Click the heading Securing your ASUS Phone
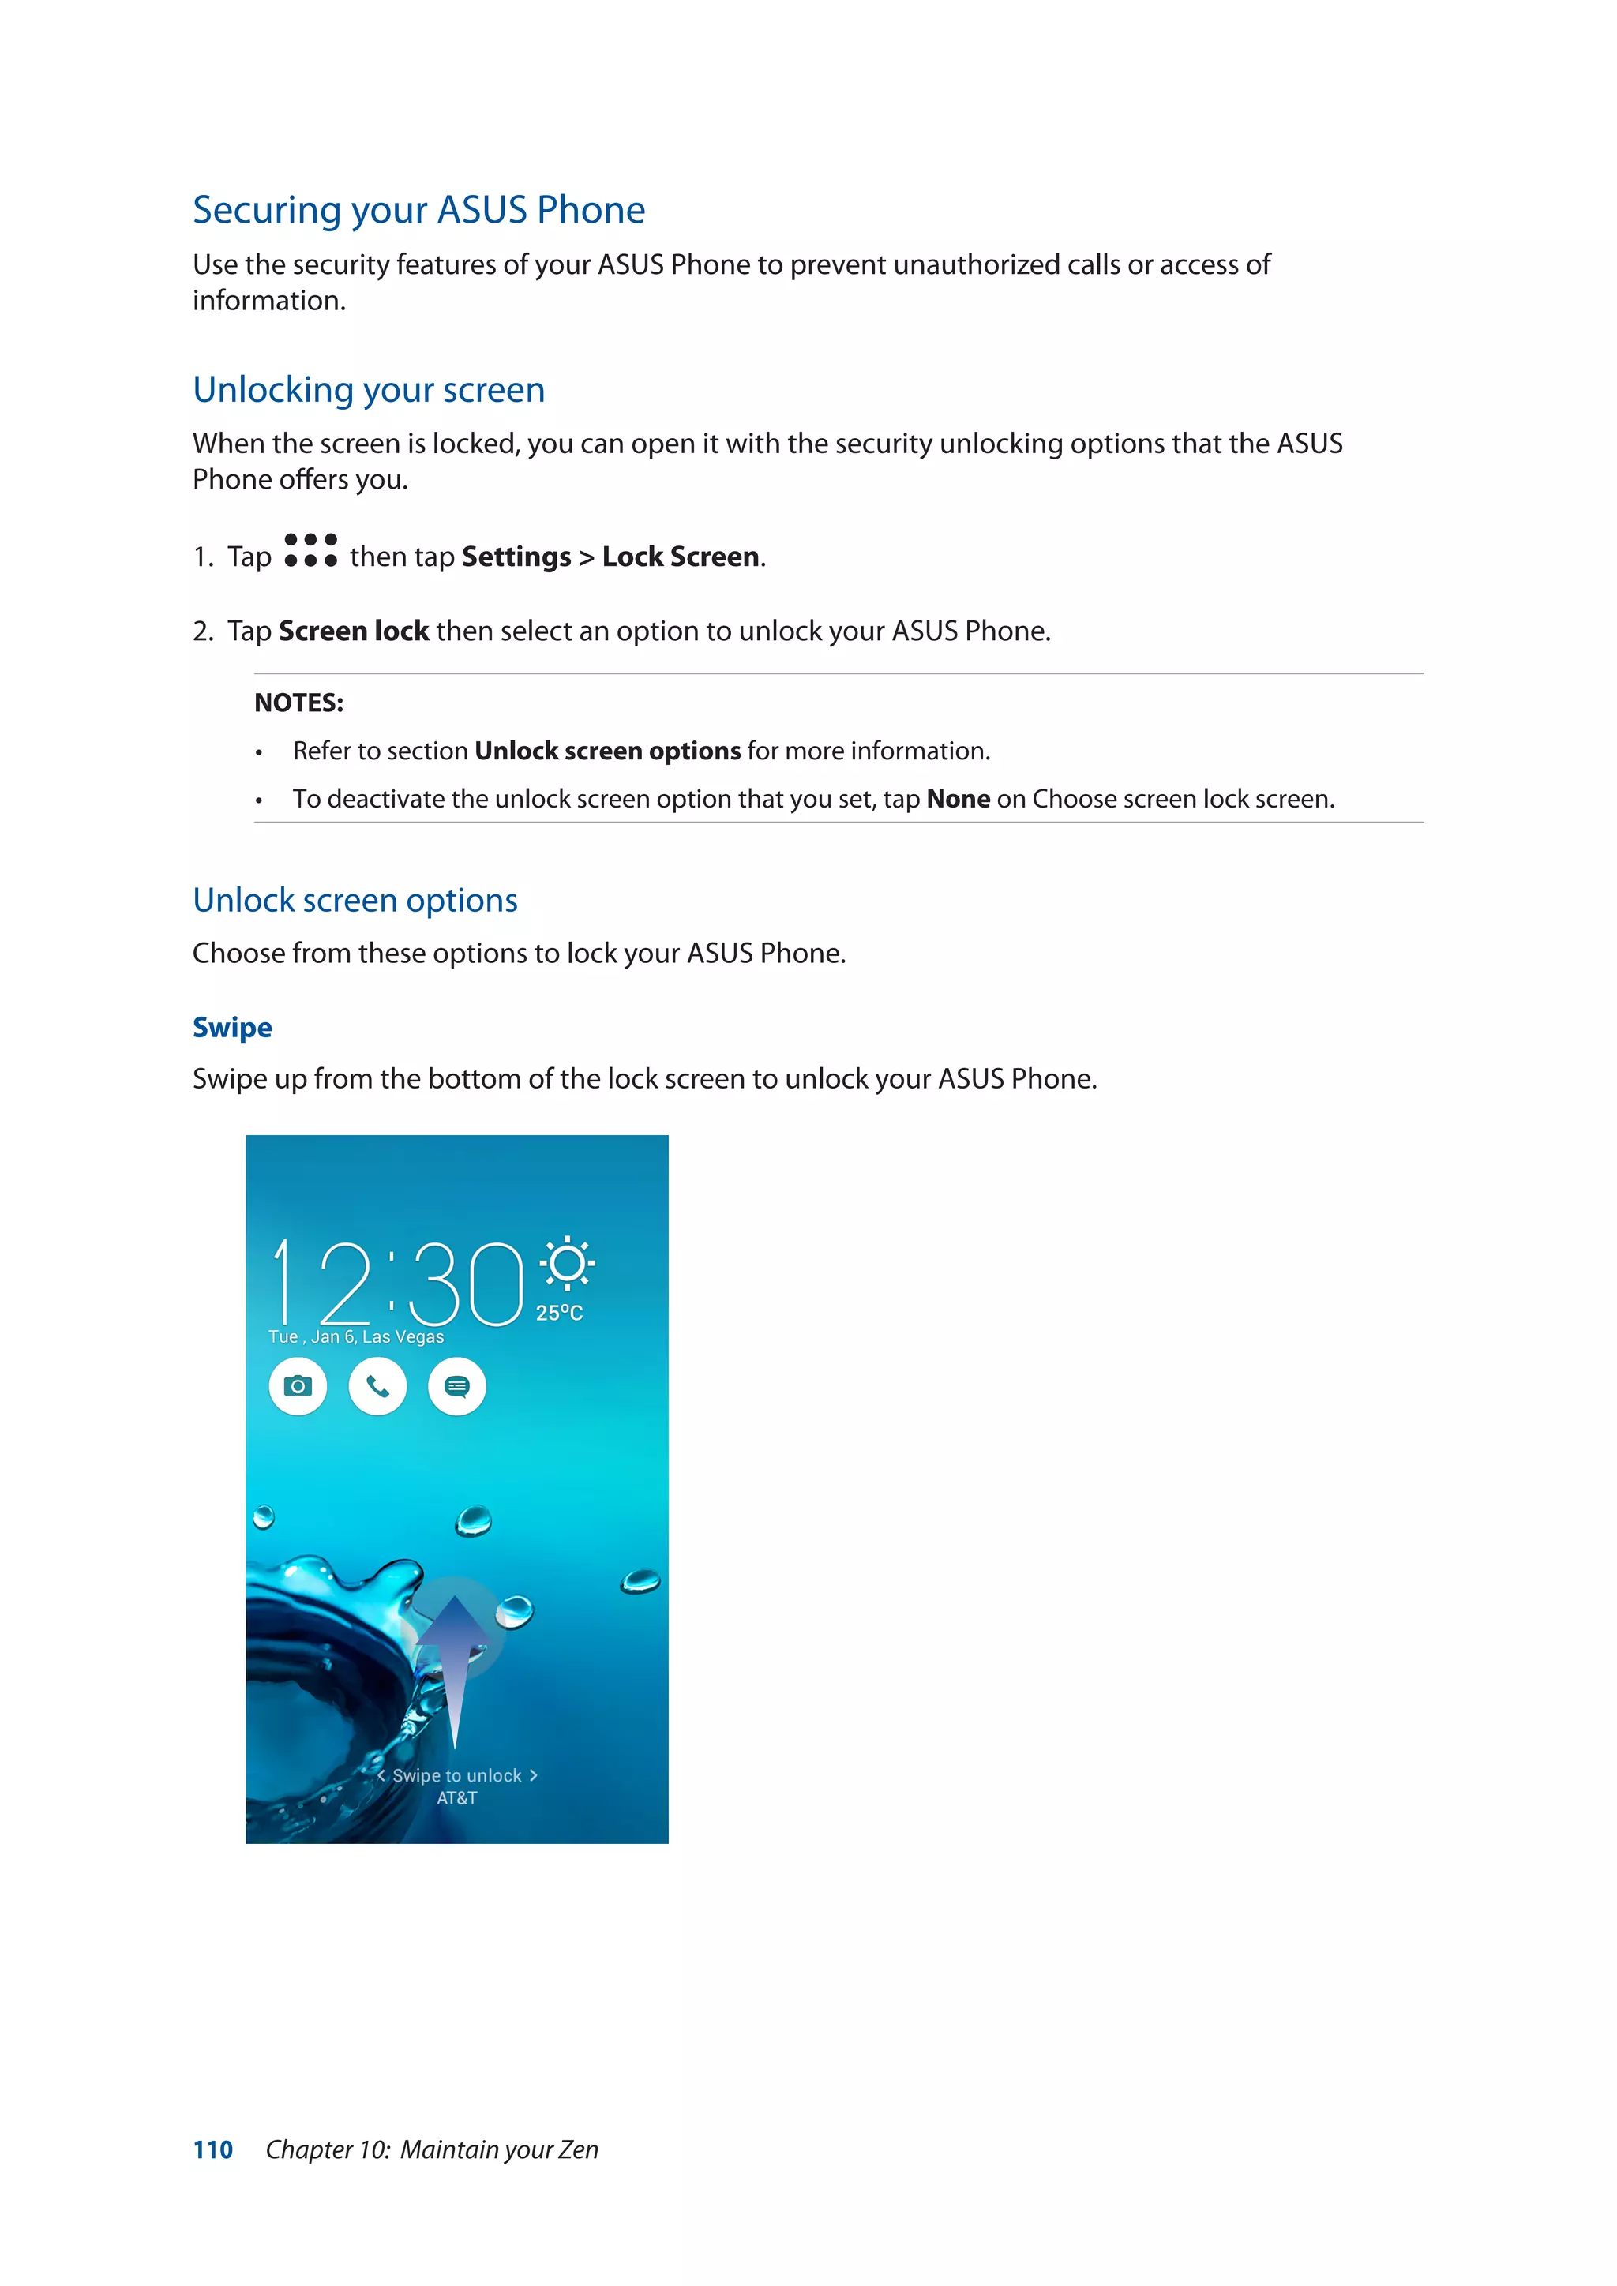[418, 210]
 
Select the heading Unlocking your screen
[369, 389]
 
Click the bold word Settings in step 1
[516, 557]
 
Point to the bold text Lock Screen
[680, 557]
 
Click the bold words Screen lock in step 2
[354, 631]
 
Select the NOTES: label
[298, 703]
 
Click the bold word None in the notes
[957, 800]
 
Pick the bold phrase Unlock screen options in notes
[606, 751]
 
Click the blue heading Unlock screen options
[355, 900]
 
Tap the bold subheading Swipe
[232, 1028]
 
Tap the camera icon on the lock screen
[298, 1386]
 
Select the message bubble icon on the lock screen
[457, 1386]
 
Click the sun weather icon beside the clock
[567, 1265]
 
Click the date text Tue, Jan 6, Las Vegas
[355, 1337]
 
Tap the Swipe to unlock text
[457, 1775]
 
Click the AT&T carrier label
[457, 1798]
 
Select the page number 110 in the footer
[212, 2149]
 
